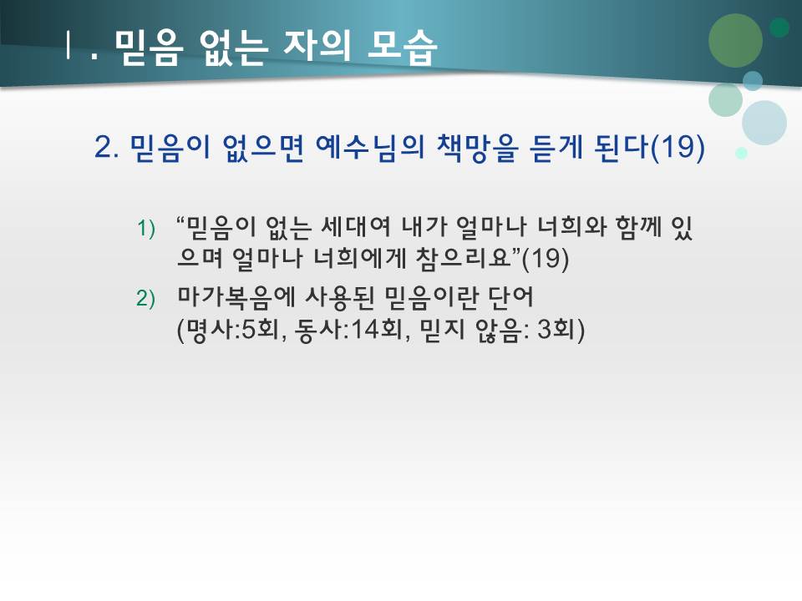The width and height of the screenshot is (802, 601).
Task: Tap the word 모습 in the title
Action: click(x=402, y=48)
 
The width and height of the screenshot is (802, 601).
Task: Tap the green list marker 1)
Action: click(x=147, y=229)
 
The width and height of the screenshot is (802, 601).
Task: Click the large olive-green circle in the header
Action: click(x=735, y=40)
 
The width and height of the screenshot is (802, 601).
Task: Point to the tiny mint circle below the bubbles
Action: click(x=741, y=154)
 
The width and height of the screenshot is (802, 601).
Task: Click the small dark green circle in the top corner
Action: click(x=779, y=28)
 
